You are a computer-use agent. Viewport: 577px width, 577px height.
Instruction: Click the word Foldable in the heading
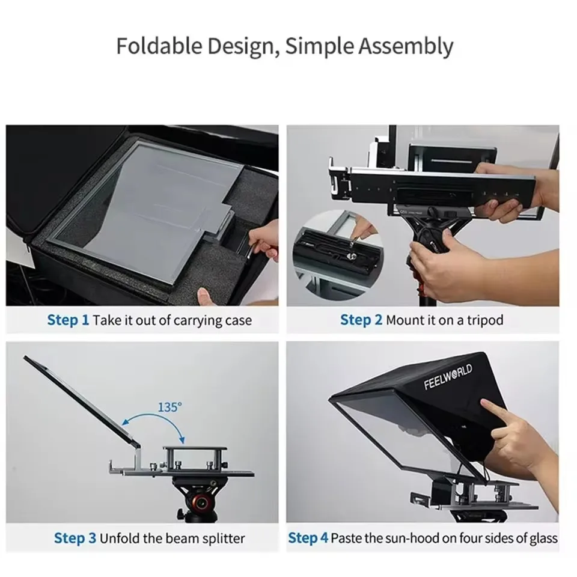tap(159, 46)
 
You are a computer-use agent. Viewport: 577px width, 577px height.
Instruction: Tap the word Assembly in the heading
tap(406, 47)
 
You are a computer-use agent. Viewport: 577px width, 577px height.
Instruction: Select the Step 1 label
tap(68, 320)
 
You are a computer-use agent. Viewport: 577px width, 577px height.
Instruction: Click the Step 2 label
tap(361, 320)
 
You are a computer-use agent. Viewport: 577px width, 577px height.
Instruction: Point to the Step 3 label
tap(75, 538)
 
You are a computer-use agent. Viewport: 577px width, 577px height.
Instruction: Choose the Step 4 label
tap(308, 538)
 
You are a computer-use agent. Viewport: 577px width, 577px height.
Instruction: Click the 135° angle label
tap(169, 408)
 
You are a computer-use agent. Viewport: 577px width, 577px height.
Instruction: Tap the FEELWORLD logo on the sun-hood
tap(448, 377)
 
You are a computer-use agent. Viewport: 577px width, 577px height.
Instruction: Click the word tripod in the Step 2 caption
tap(485, 320)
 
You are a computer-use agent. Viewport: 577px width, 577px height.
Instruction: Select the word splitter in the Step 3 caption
tap(224, 539)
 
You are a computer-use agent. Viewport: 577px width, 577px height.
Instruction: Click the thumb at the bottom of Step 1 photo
tap(205, 296)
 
